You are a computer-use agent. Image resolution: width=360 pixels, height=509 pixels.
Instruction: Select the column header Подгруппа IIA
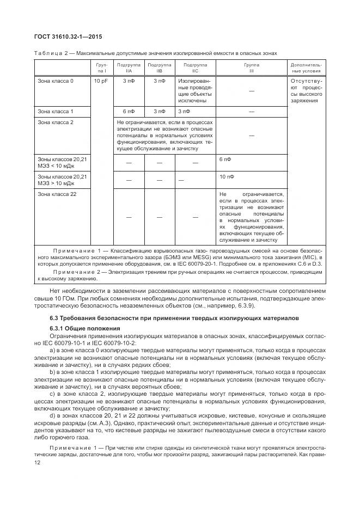click(129, 68)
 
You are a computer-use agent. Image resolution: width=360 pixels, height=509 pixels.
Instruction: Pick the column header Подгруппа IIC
click(195, 68)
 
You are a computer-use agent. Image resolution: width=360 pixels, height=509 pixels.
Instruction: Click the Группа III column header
click(251, 68)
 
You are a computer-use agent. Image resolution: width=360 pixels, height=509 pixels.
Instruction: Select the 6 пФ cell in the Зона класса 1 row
click(129, 111)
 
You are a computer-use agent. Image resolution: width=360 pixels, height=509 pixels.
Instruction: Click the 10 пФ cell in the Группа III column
click(227, 177)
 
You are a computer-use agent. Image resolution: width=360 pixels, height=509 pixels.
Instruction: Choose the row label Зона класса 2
click(55, 122)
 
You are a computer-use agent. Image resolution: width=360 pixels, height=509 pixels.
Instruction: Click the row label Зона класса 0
click(55, 81)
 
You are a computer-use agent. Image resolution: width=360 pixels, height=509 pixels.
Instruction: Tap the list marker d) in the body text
click(52, 416)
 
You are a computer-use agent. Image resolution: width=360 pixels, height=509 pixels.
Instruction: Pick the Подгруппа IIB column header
click(158, 68)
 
